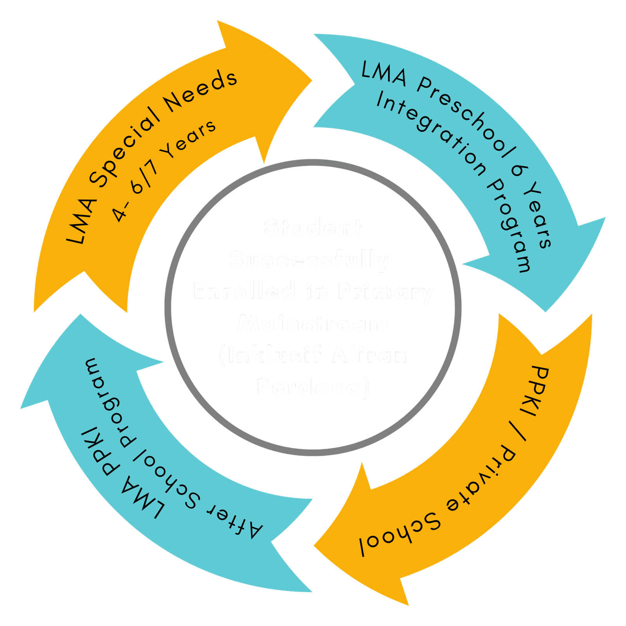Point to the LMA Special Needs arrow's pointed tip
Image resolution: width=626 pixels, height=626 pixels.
pos(311,81)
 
